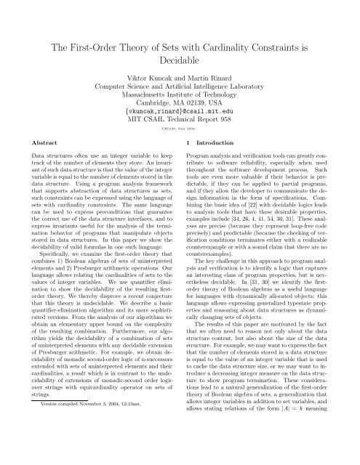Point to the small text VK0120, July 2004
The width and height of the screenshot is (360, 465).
tap(179, 146)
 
